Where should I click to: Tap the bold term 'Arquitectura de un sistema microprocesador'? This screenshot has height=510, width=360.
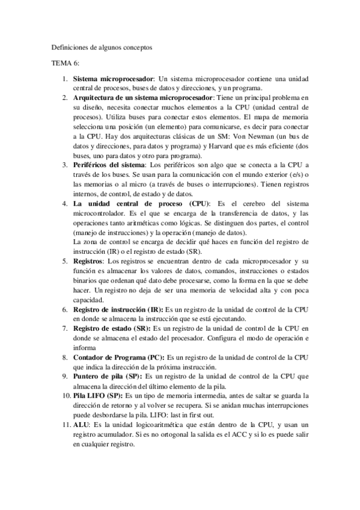[x=142, y=97]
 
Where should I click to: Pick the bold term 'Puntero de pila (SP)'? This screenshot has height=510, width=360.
[x=107, y=376]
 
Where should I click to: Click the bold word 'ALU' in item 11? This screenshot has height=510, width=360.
[x=81, y=424]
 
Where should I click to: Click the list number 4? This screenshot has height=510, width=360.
[x=66, y=204]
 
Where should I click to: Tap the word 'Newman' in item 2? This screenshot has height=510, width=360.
[x=261, y=137]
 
